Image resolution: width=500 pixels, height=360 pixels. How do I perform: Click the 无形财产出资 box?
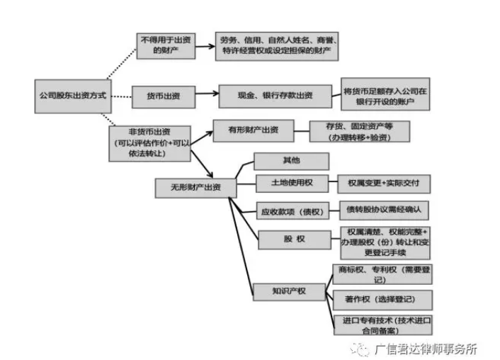[191, 187]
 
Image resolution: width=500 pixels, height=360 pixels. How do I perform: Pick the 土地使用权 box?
[291, 184]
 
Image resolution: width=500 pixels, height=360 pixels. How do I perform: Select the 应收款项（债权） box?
[291, 211]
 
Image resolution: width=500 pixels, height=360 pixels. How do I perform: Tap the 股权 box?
[291, 240]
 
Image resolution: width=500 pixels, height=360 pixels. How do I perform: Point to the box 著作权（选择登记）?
[383, 298]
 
